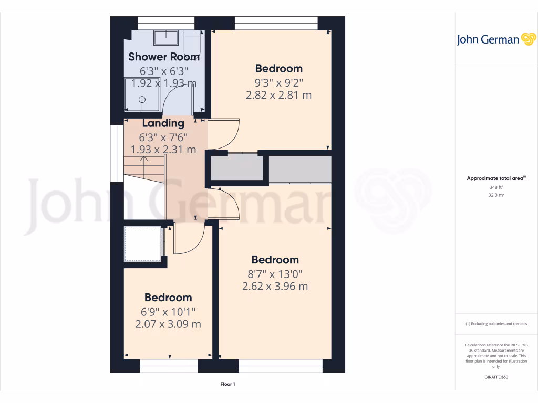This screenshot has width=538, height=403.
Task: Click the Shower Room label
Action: [164, 57]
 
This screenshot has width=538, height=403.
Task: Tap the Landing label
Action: [163, 123]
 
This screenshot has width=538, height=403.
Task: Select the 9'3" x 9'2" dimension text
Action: [278, 82]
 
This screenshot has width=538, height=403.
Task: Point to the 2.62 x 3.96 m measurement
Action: [275, 287]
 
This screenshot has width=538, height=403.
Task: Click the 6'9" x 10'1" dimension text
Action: [168, 311]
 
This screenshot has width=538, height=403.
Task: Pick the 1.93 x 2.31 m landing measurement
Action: [163, 150]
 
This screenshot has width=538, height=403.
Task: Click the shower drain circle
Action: [141, 99]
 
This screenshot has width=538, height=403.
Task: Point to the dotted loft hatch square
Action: [142, 243]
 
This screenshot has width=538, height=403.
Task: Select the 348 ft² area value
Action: [496, 187]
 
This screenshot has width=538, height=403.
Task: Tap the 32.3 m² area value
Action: [496, 195]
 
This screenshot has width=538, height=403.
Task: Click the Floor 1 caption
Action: [227, 385]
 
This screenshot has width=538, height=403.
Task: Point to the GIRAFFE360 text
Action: [496, 377]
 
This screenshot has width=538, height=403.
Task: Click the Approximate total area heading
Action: [495, 178]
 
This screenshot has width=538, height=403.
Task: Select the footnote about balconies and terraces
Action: [496, 324]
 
